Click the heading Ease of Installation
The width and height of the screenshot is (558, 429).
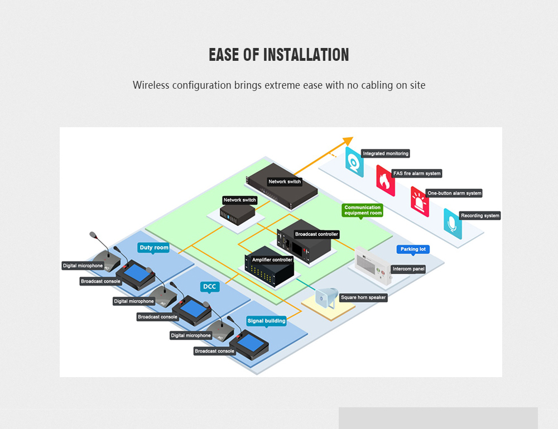[279, 55]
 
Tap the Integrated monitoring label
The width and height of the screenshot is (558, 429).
[386, 153]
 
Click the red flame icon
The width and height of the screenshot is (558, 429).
[385, 180]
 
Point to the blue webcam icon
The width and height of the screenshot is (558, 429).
[354, 162]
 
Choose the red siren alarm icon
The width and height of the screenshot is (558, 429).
[420, 201]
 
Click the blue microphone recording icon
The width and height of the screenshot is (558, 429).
[453, 223]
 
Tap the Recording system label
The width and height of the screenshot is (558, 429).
[480, 215]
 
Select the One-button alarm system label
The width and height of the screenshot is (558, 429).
[454, 193]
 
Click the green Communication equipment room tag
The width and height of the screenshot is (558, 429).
[363, 210]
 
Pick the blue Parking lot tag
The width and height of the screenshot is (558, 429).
[413, 249]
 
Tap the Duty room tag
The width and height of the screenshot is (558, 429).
[154, 247]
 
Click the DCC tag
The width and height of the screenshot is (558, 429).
[209, 287]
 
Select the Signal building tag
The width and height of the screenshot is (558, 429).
[266, 321]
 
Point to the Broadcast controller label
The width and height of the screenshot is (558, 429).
[316, 234]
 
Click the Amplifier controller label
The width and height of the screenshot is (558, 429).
[272, 260]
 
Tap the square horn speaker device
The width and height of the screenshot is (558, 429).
[326, 297]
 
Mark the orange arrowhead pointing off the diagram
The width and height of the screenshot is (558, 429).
[349, 141]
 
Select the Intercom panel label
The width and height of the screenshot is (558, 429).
[408, 269]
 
